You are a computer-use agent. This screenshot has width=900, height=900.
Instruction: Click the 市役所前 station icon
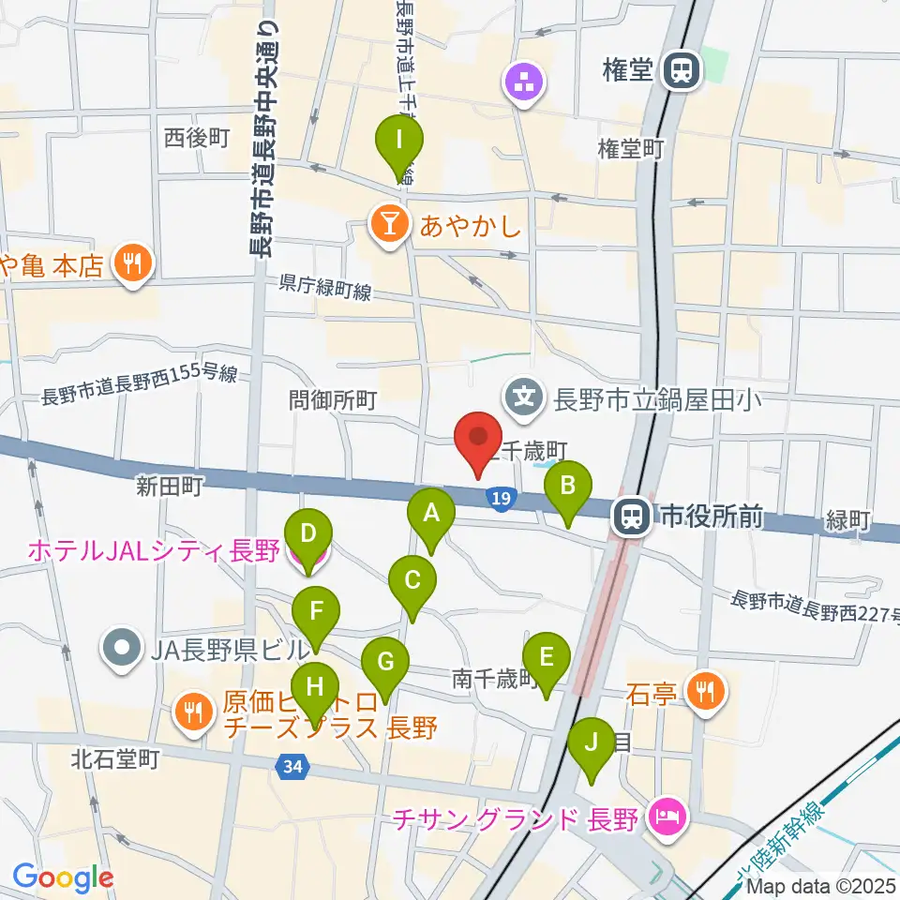(x=629, y=515)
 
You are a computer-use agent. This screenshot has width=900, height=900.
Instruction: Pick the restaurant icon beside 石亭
(x=702, y=692)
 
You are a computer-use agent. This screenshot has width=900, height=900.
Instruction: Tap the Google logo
(x=63, y=877)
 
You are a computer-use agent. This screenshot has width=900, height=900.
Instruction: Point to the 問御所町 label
(x=333, y=401)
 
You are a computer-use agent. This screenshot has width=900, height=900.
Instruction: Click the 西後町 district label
(x=197, y=139)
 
